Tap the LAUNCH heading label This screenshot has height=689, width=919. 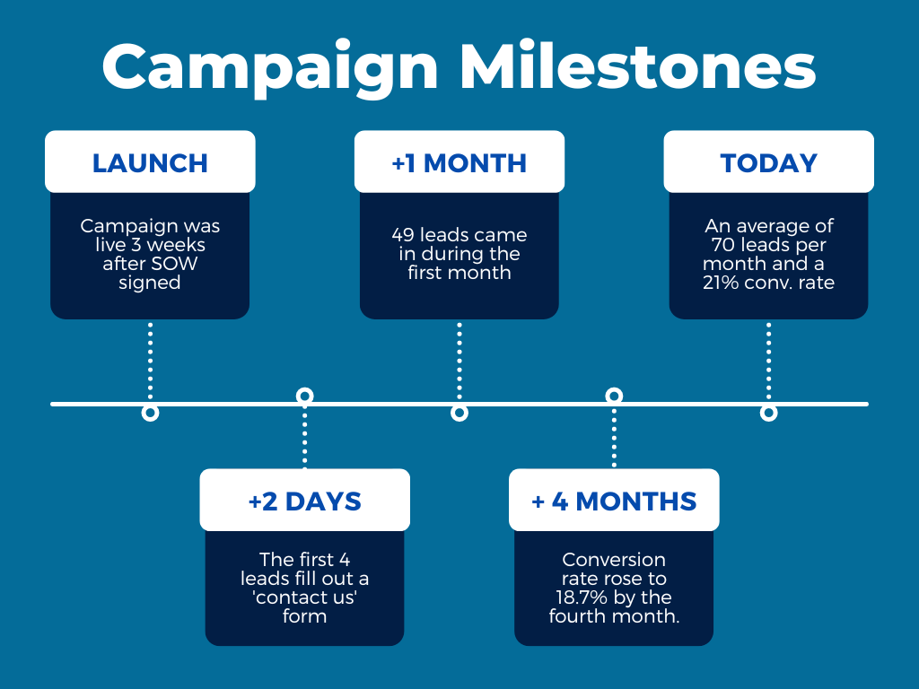pyautogui.click(x=150, y=163)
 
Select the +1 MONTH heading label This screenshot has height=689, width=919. pyautogui.click(x=459, y=163)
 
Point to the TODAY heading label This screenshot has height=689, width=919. pyautogui.click(x=768, y=163)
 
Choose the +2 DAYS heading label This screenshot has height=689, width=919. pyautogui.click(x=305, y=501)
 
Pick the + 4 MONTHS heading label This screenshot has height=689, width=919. pyautogui.click(x=614, y=501)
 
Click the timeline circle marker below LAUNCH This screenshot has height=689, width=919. pyautogui.click(x=150, y=413)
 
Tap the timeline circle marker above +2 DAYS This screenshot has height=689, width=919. pyautogui.click(x=305, y=396)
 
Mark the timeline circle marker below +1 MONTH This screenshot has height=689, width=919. pyautogui.click(x=459, y=413)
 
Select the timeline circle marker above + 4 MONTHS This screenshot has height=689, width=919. pyautogui.click(x=614, y=396)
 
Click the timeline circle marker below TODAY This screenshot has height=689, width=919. pyautogui.click(x=768, y=413)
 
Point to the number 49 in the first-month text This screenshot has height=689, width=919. pyautogui.click(x=403, y=235)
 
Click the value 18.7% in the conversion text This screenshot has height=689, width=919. pyautogui.click(x=582, y=597)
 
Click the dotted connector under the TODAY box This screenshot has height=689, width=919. pyautogui.click(x=768, y=361)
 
